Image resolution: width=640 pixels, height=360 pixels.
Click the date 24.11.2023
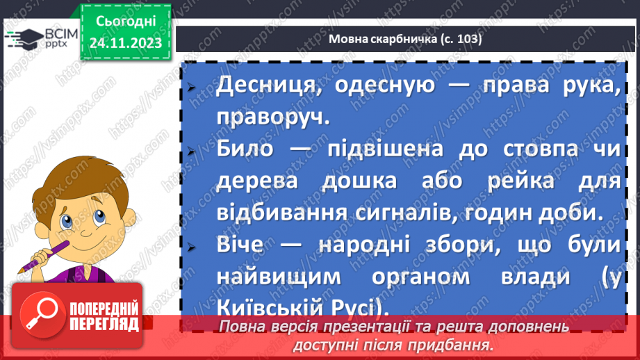(x=126, y=44)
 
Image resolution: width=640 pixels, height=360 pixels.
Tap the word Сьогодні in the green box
(x=126, y=23)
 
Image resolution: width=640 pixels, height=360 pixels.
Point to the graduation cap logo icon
(x=24, y=39)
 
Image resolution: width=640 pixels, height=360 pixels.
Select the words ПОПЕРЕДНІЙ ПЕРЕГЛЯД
(x=102, y=316)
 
